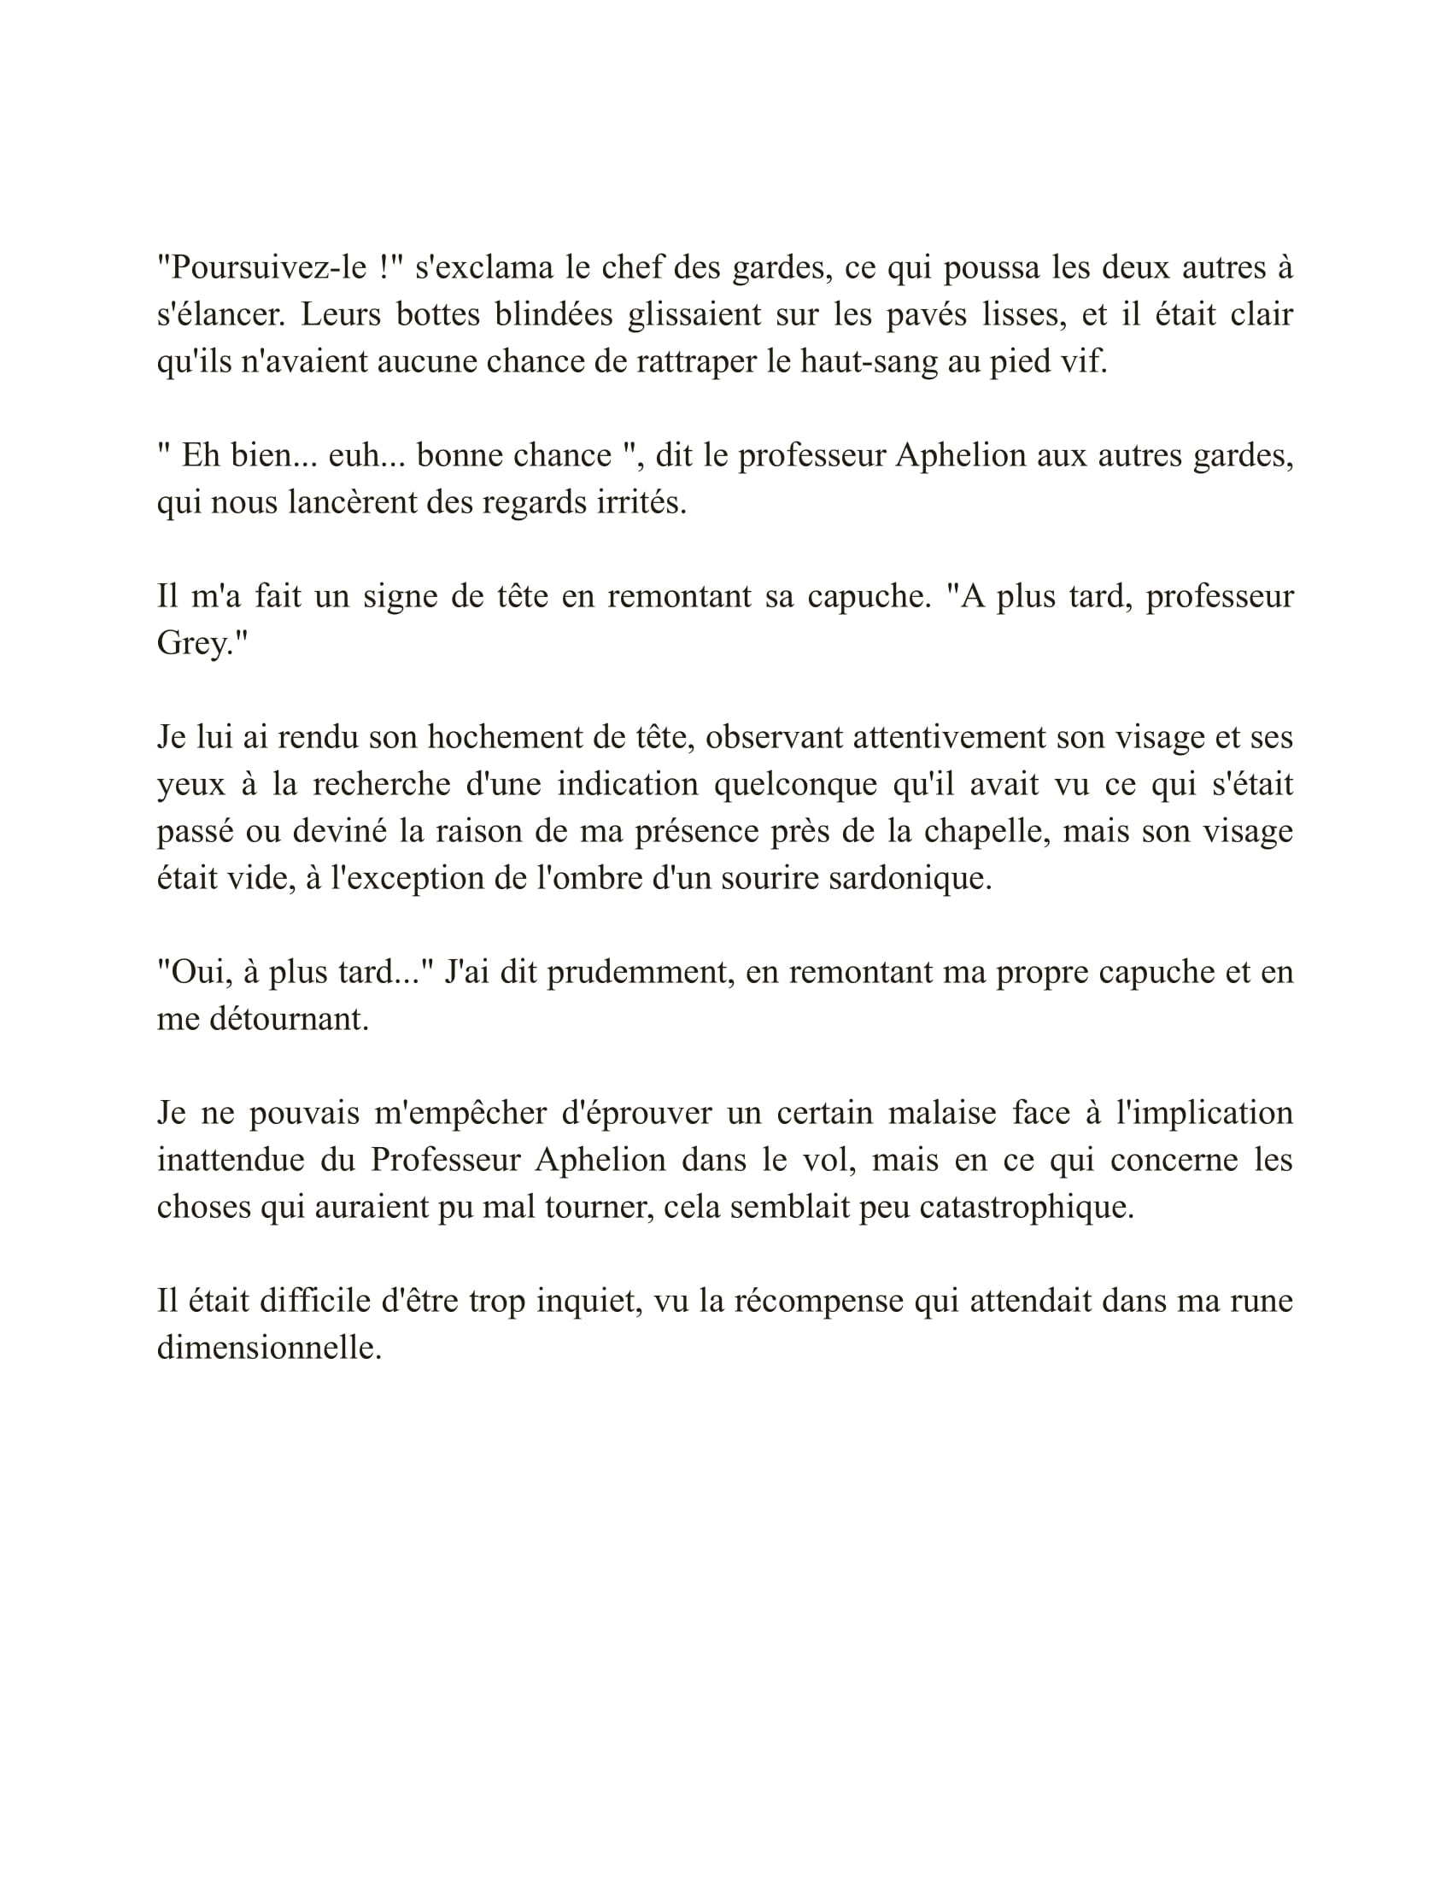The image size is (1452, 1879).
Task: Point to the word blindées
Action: click(x=553, y=315)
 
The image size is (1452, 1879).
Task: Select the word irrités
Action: click(x=641, y=502)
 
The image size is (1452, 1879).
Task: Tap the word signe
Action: click(x=400, y=596)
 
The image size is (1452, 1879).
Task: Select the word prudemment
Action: click(x=640, y=972)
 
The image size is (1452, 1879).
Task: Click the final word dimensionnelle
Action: click(x=268, y=1348)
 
